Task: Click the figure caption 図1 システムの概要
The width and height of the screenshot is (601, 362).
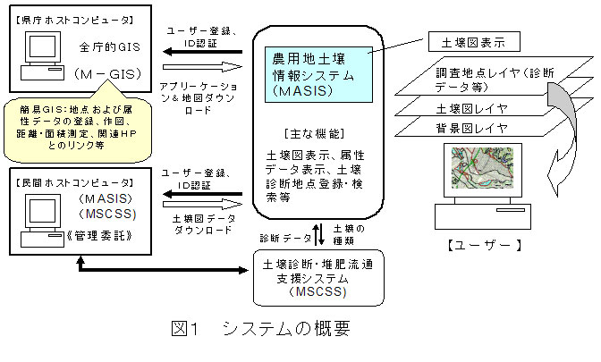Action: point(260,328)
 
